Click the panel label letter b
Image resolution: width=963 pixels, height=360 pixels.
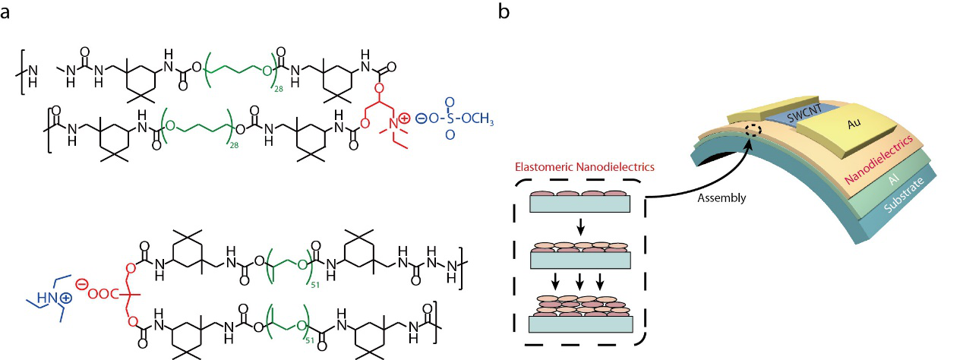point(502,13)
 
